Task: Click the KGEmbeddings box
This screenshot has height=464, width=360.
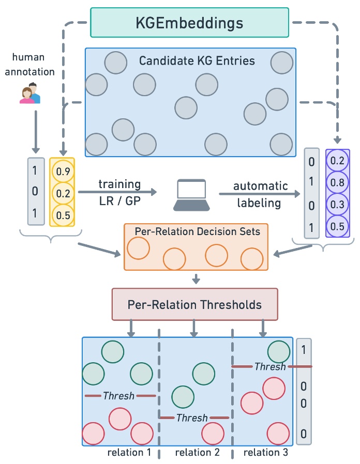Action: (189, 23)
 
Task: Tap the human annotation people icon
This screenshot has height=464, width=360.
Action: (30, 93)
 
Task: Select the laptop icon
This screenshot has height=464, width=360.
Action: (191, 195)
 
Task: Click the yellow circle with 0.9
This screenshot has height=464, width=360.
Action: (63, 171)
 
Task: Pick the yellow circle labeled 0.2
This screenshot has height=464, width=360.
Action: (63, 193)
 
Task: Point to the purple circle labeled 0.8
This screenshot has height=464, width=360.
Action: (337, 182)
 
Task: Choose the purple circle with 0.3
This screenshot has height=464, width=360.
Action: (337, 204)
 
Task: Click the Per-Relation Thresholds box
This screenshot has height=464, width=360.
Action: (194, 304)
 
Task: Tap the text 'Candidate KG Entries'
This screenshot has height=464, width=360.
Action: (197, 60)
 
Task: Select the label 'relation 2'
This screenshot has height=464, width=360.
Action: (198, 452)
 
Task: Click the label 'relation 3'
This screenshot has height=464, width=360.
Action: (266, 452)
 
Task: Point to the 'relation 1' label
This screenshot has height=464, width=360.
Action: (129, 452)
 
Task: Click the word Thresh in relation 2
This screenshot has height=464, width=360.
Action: (192, 418)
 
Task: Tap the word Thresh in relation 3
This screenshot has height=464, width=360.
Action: (270, 367)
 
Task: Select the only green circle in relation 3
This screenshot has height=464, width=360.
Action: (278, 352)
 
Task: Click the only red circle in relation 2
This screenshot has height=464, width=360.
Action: (213, 434)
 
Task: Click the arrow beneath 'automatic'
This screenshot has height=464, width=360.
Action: (260, 194)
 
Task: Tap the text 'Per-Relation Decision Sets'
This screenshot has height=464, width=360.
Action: (198, 231)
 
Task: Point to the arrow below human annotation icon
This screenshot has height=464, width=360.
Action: (36, 132)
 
